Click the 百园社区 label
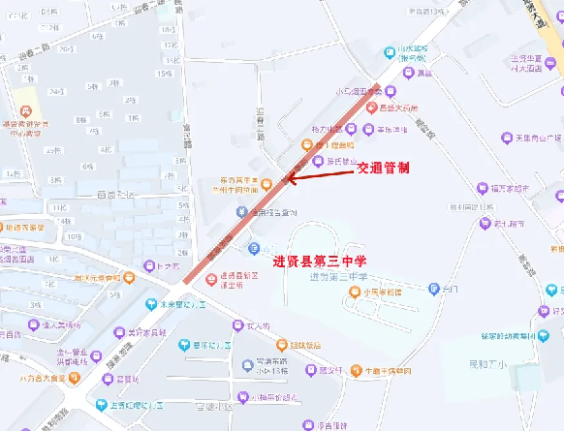tap(116, 194)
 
